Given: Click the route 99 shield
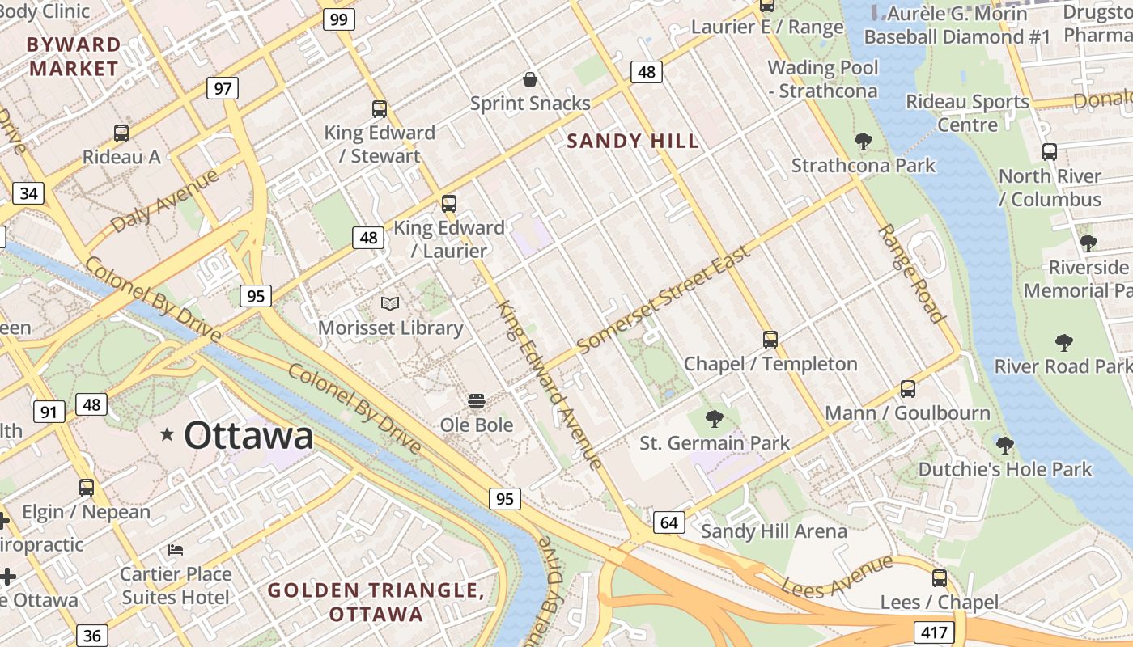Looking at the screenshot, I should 339,19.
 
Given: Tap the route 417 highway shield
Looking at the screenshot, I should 933,632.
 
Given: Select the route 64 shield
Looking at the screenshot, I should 668,522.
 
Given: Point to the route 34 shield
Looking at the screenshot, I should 28,193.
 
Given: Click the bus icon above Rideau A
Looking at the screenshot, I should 121,133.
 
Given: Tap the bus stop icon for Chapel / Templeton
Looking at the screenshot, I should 770,340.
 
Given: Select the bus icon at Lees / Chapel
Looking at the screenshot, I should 940,578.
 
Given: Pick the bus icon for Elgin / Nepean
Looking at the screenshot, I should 87,488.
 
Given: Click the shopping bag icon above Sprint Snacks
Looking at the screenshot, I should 530,79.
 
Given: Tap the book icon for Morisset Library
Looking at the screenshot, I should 390,304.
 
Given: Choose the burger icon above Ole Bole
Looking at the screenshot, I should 477,401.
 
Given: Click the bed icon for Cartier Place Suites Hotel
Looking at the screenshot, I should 176,550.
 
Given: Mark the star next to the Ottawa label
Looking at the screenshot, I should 168,435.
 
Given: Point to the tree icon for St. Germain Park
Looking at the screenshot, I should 714,419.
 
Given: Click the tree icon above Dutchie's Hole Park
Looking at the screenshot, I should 1004,446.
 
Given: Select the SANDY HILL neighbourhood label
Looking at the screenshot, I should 633,142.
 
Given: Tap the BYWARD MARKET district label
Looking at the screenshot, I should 74,57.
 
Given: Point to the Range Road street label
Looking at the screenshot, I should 911,274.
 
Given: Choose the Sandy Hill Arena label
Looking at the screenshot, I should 774,531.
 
